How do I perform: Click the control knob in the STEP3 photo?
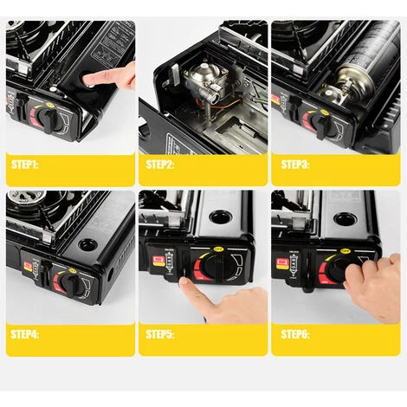click(320, 120)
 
